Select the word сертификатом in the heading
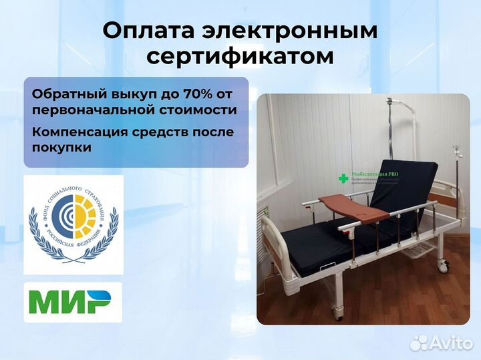coord(240,57)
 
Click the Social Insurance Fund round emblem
coord(73,224)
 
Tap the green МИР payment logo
coord(73,303)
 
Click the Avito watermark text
coord(451,343)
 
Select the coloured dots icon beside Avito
coord(419,343)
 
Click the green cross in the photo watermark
coord(343,178)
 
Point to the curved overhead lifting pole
coord(401,114)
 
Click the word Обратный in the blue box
coord(66,94)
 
